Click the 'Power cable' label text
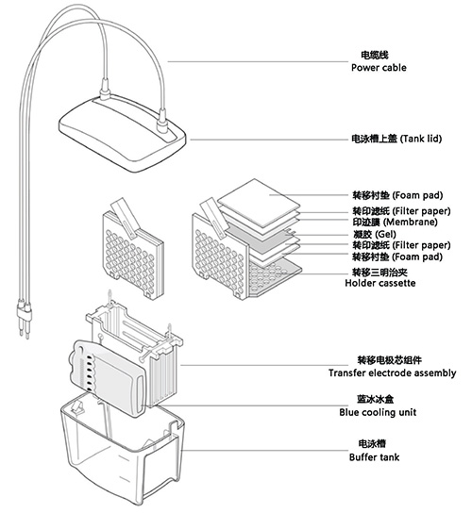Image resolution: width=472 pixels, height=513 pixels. coord(381,68)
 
